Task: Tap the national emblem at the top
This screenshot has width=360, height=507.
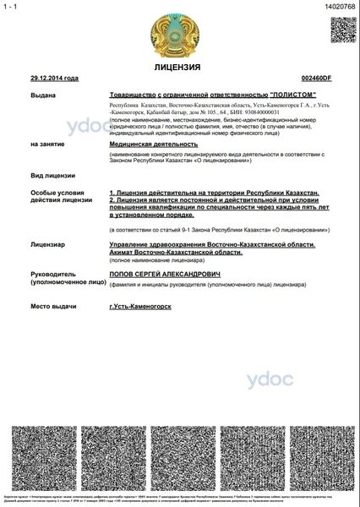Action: (x=177, y=33)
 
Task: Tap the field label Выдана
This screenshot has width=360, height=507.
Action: (x=41, y=96)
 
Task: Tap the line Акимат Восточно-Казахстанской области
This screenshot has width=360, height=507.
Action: (x=169, y=252)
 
